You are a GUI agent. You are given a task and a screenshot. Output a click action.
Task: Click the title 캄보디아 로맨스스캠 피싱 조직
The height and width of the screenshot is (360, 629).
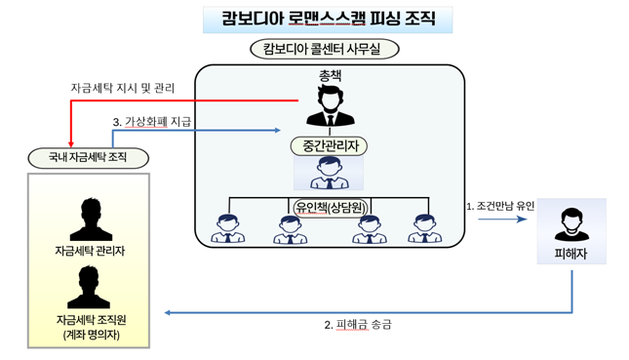click(328, 19)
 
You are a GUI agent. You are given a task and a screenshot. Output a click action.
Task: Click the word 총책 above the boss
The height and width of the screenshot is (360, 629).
click(330, 75)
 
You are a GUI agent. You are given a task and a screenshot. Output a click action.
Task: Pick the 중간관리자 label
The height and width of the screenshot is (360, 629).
click(329, 146)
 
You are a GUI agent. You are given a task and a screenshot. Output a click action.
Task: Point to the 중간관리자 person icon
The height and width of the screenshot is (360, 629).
click(329, 174)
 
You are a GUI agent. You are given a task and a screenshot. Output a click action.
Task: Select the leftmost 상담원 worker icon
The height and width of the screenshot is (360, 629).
click(228, 228)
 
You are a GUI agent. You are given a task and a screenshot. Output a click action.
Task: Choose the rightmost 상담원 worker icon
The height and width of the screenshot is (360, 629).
click(423, 228)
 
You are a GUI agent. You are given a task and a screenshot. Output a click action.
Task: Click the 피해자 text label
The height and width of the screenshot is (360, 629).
click(570, 255)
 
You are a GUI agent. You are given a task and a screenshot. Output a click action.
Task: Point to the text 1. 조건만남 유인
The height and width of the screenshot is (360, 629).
click(500, 206)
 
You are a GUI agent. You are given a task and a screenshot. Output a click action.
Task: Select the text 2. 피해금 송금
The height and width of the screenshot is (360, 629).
click(358, 325)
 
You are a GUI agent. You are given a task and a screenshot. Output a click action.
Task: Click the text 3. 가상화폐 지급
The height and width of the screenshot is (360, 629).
click(153, 122)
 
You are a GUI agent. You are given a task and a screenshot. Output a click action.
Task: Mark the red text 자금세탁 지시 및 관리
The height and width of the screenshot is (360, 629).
click(123, 88)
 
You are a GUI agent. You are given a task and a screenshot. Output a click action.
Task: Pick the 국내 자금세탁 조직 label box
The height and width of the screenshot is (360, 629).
click(88, 157)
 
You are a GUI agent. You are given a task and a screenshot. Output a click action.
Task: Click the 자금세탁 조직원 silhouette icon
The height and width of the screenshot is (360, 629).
click(90, 287)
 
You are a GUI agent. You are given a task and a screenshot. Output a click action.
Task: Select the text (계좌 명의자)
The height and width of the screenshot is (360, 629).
click(90, 336)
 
